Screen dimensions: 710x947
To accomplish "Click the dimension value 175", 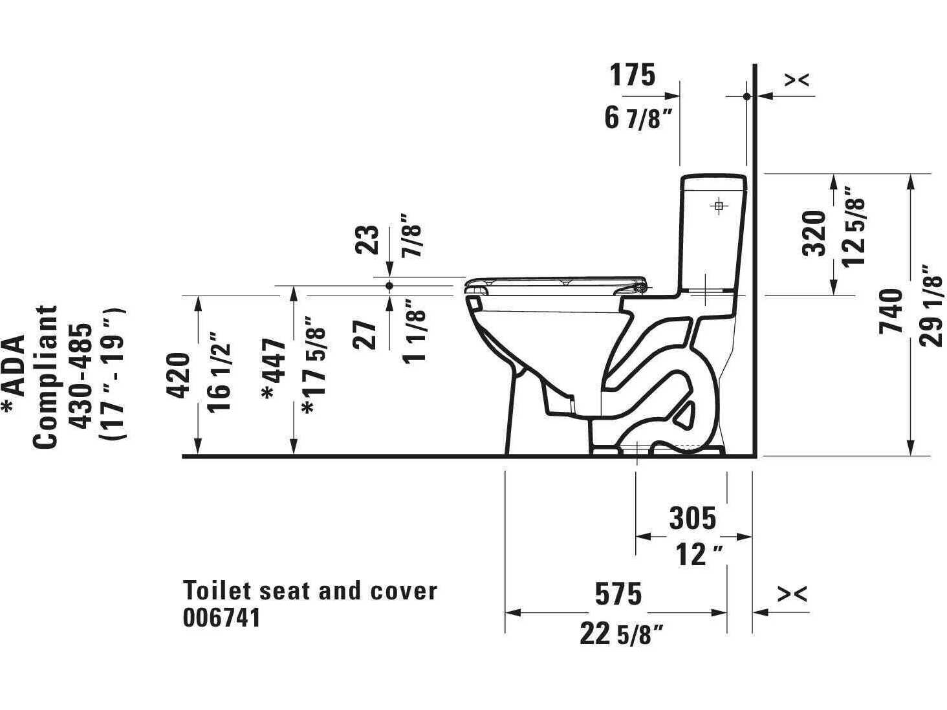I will (633, 75).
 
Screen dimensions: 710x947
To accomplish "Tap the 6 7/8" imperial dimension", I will (633, 118).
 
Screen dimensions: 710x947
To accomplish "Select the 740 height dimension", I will (891, 311).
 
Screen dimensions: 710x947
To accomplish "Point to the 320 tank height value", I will (815, 233).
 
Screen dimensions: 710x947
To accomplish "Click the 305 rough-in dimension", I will (693, 517).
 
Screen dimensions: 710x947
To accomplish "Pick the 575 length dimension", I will (619, 594).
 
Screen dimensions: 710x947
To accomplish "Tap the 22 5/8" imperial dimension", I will (622, 634).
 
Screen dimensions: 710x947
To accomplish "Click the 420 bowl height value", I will (179, 375).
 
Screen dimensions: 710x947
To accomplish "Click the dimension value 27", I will (369, 334).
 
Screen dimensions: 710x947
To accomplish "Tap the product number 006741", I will (222, 618).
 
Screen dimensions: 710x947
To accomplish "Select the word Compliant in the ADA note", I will (45, 376).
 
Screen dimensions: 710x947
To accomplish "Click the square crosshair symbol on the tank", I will (718, 206).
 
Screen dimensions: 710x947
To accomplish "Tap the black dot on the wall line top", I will (746, 96).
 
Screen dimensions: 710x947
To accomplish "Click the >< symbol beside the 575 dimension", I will (793, 592).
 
